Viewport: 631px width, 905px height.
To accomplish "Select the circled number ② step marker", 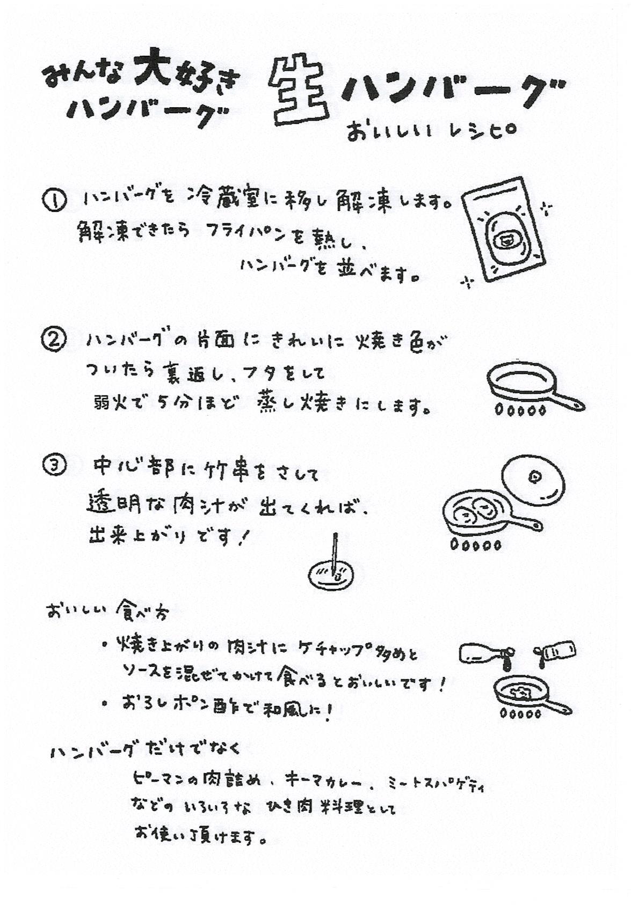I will (54, 340).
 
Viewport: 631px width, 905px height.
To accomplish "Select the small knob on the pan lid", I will (535, 475).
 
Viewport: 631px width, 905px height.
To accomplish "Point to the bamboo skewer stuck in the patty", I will (335, 555).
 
